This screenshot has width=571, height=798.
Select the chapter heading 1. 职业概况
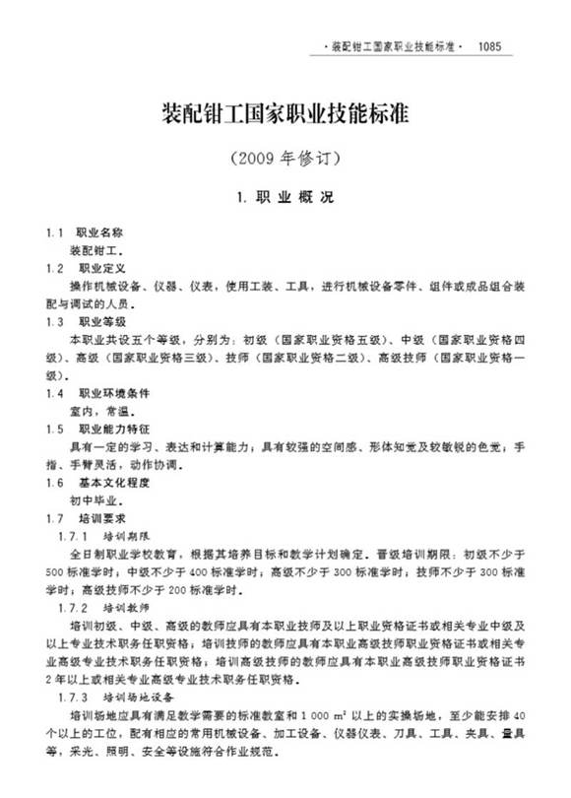(285, 197)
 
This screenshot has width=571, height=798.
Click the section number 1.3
(54, 321)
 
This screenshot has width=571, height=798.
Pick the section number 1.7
(54, 518)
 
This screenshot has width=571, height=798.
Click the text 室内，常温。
(97, 411)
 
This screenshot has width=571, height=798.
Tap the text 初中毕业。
(97, 500)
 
